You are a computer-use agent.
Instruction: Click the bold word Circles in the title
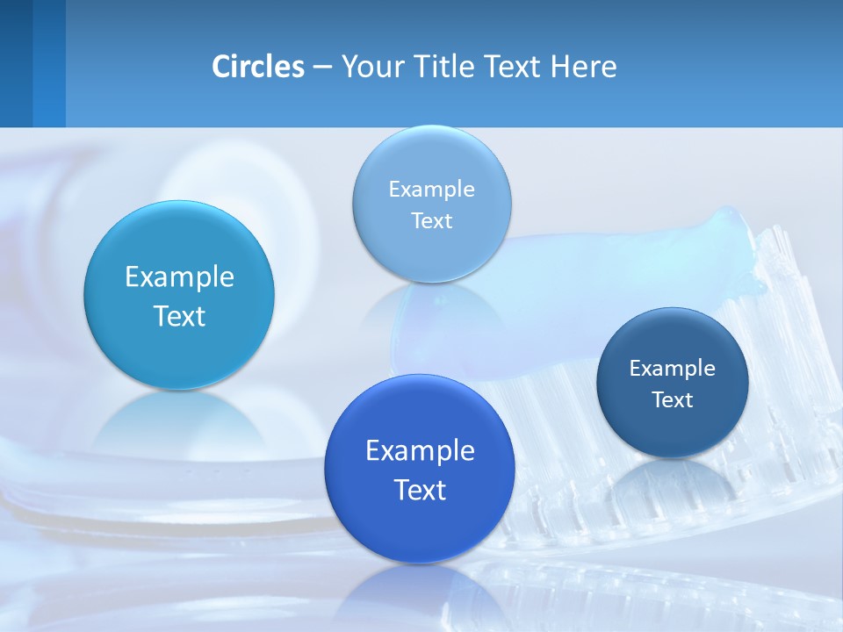[x=258, y=67]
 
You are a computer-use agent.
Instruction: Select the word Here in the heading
[x=583, y=67]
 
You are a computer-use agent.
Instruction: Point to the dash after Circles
[x=322, y=68]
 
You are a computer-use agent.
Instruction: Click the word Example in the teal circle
[x=179, y=277]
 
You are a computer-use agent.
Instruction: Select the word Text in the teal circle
[x=179, y=316]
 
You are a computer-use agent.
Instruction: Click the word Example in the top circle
[x=432, y=190]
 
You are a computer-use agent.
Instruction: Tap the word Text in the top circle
[x=432, y=221]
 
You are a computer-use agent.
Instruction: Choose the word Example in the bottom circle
[x=420, y=451]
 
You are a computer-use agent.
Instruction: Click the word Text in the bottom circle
[x=420, y=490]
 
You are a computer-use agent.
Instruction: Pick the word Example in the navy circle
[x=673, y=369]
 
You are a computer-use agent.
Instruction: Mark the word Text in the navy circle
[x=673, y=400]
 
